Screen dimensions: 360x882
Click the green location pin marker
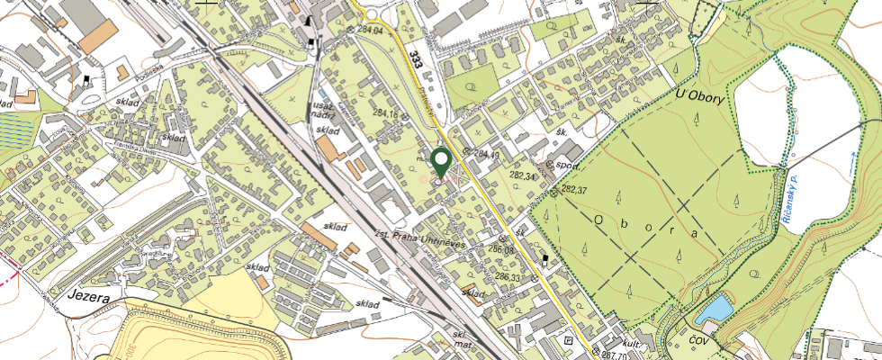point(441,163)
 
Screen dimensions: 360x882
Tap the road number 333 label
point(415,59)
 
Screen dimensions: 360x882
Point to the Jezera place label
point(87,295)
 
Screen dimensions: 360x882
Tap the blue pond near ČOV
point(717,310)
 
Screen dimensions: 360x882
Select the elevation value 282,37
point(573,190)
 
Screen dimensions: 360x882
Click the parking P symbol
point(567,340)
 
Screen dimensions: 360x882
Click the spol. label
point(565,166)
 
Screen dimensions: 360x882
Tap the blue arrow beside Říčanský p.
point(851,165)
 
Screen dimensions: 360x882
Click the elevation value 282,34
point(521,176)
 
